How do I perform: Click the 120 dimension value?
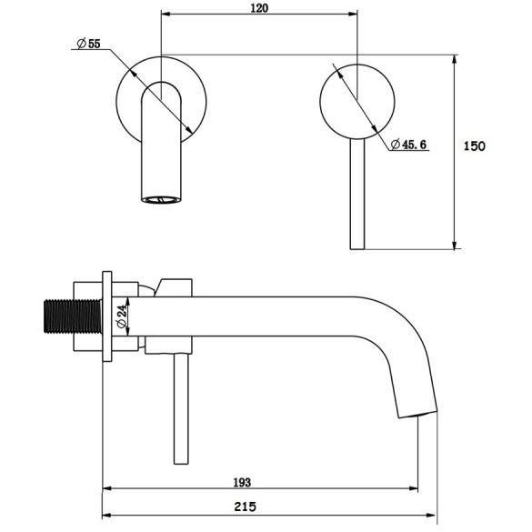pyautogui.click(x=259, y=7)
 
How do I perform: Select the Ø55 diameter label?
pyautogui.click(x=89, y=44)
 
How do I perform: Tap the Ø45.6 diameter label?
pyautogui.click(x=408, y=145)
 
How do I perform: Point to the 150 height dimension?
pyautogui.click(x=474, y=146)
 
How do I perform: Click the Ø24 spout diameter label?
pyautogui.click(x=122, y=316)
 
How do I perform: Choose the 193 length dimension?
pyautogui.click(x=242, y=482)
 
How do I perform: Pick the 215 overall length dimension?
pyautogui.click(x=245, y=507)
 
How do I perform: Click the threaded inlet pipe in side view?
pyautogui.click(x=74, y=316)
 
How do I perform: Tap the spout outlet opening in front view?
pyautogui.click(x=161, y=200)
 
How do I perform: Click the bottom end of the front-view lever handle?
pyautogui.click(x=357, y=248)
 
